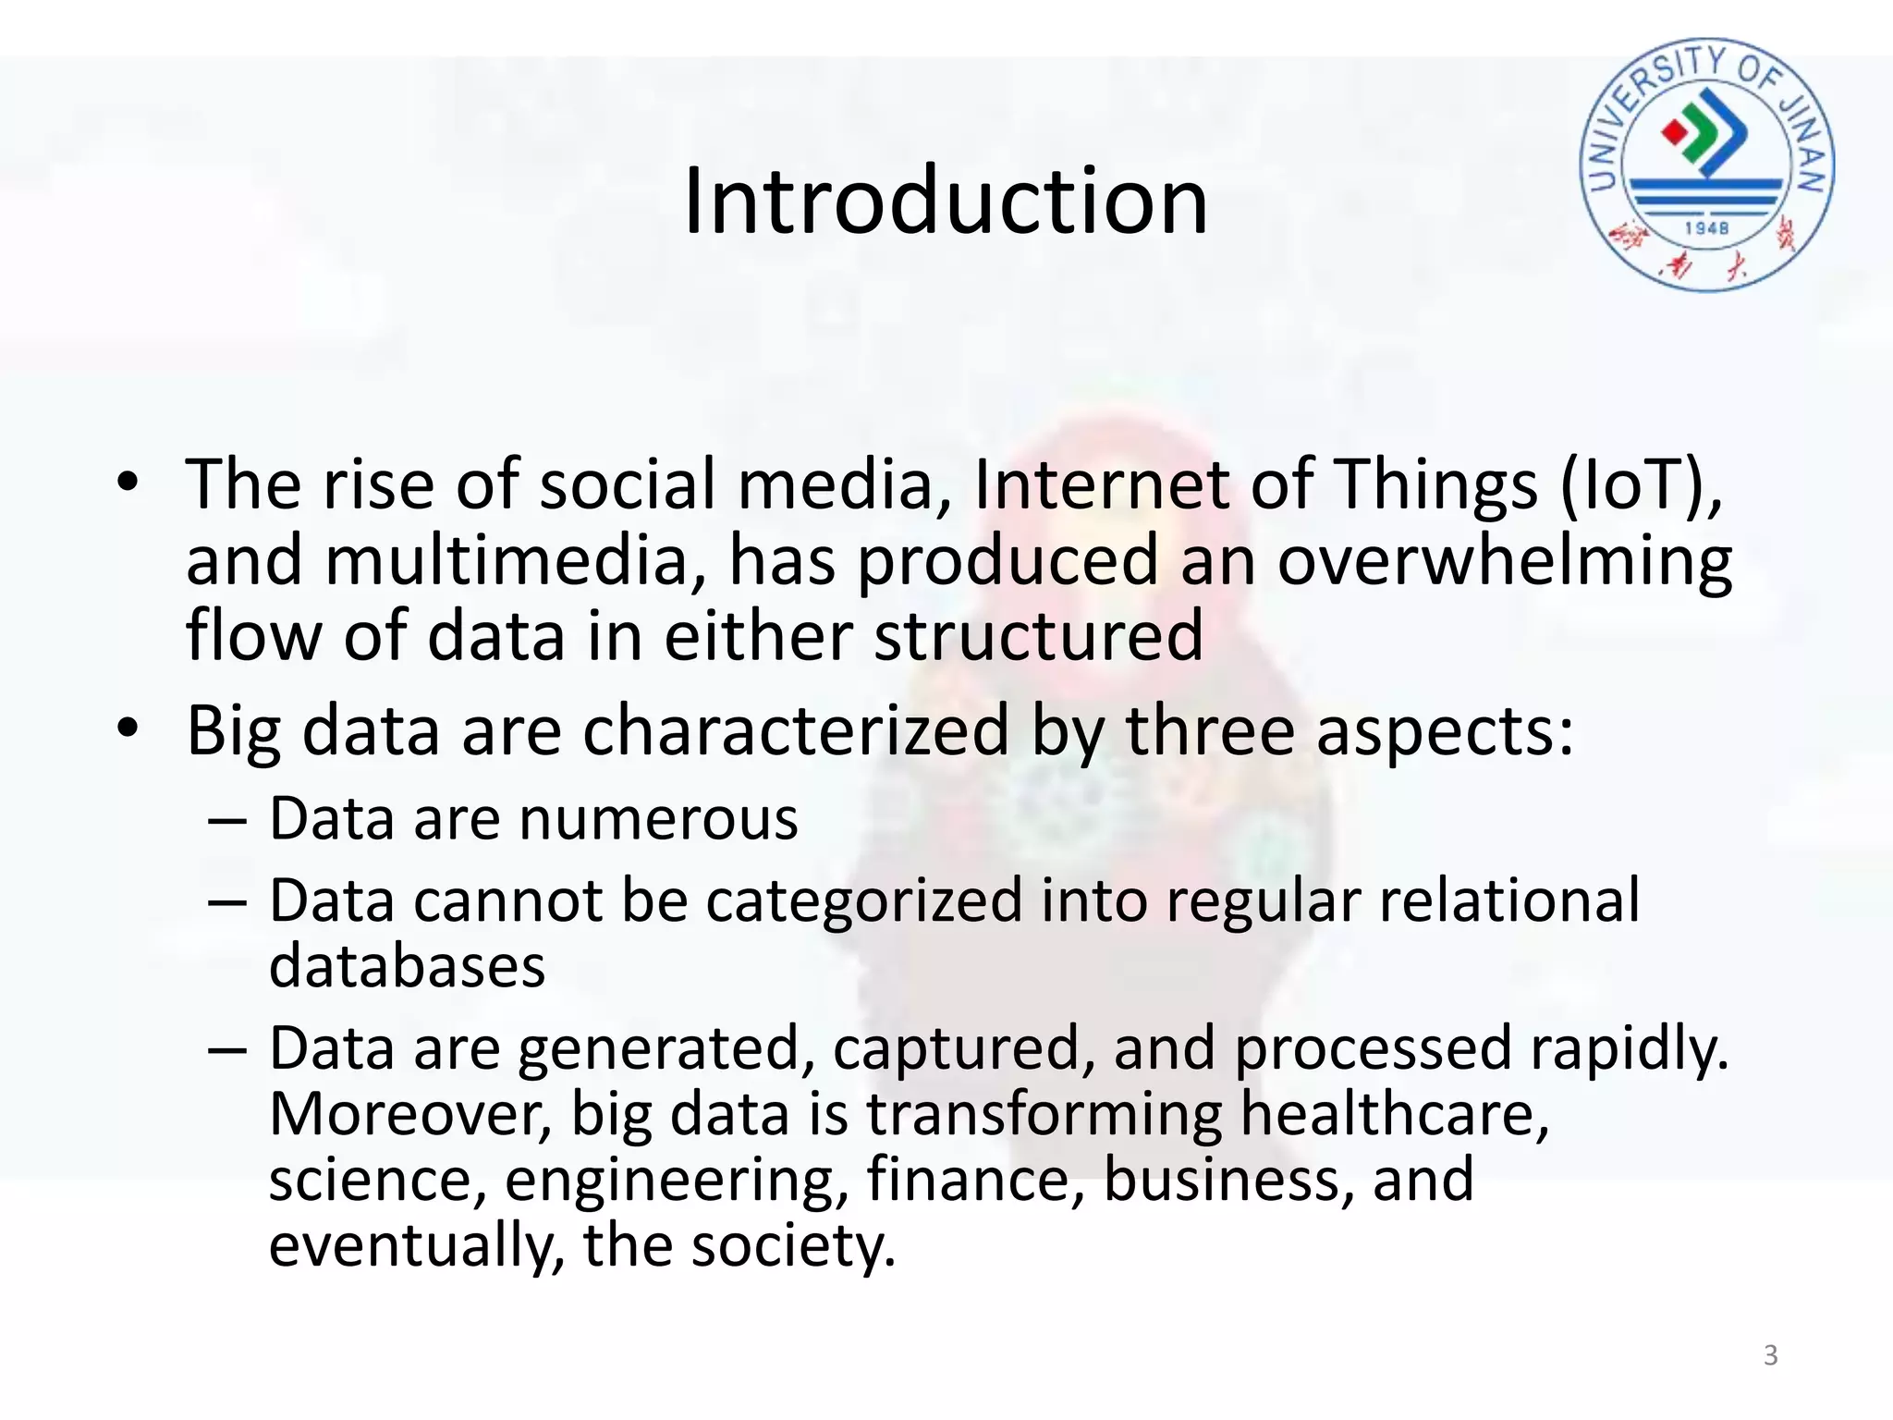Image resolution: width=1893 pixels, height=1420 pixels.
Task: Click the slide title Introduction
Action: (x=946, y=201)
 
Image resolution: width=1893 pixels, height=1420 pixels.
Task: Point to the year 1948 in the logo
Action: (x=1706, y=227)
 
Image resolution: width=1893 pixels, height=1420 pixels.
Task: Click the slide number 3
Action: (x=1770, y=1355)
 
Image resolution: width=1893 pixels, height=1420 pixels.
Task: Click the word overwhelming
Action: (x=1504, y=562)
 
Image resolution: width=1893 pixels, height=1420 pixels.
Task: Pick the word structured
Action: (x=1038, y=636)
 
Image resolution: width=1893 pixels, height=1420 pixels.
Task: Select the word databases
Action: (x=407, y=966)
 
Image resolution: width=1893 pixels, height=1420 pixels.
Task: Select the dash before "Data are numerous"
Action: (x=227, y=820)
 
